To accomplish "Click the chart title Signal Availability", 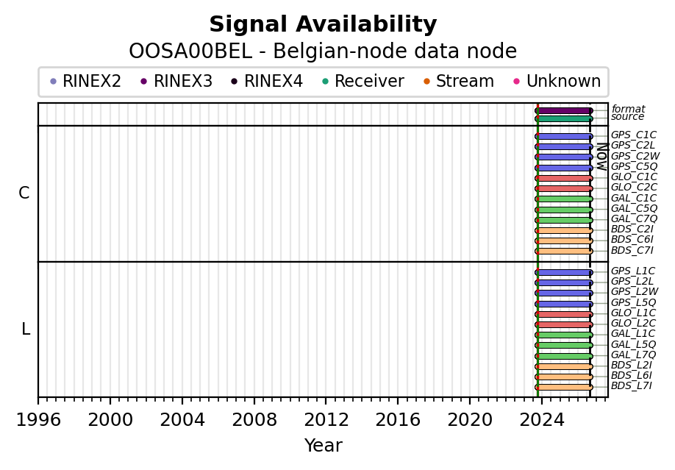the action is click(323, 24).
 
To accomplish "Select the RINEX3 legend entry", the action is click(177, 81).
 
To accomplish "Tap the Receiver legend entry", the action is click(363, 81).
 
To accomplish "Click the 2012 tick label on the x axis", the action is click(326, 419).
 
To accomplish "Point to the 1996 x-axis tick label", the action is click(38, 419).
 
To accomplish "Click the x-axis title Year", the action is click(324, 446).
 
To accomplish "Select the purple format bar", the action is click(564, 111).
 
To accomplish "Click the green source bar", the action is click(564, 118).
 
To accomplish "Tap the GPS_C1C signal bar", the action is click(564, 137).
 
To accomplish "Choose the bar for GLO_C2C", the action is click(564, 189).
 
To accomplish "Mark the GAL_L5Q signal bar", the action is click(564, 346).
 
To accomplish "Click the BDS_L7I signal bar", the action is click(564, 388).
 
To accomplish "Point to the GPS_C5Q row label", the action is click(634, 167).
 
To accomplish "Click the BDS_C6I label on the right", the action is click(632, 240).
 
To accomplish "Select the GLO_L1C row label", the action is click(633, 313).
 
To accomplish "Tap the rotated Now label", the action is click(602, 157).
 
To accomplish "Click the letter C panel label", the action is click(24, 193).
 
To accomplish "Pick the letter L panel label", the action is click(26, 329).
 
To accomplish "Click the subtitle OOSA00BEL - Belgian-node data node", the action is click(323, 51).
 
